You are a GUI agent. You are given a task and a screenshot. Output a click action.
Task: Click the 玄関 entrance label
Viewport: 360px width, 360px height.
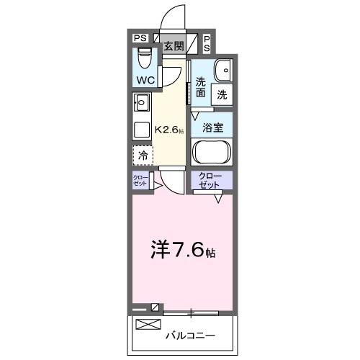point(173,46)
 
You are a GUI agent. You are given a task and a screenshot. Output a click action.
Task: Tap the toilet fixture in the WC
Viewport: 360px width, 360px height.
point(143,55)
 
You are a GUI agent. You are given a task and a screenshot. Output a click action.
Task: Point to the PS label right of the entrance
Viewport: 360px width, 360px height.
point(207,42)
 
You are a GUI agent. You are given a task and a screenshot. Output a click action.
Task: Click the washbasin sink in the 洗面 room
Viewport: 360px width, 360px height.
point(222,71)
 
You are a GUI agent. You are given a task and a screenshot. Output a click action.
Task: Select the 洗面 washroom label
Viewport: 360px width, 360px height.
point(200,87)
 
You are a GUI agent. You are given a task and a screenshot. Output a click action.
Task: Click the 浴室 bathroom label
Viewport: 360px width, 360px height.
point(212,128)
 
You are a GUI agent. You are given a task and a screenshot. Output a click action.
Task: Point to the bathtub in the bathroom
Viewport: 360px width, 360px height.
point(212,153)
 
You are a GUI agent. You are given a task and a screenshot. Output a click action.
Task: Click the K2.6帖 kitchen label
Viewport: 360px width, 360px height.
point(170,130)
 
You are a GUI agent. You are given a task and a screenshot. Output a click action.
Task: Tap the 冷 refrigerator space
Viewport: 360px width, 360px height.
point(143,155)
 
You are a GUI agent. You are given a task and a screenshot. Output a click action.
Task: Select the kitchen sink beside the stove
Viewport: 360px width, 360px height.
point(140,102)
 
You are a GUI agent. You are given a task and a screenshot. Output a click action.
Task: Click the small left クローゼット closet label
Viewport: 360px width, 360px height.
point(140,181)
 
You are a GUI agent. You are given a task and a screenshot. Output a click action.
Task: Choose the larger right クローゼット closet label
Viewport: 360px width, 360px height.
point(212,180)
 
